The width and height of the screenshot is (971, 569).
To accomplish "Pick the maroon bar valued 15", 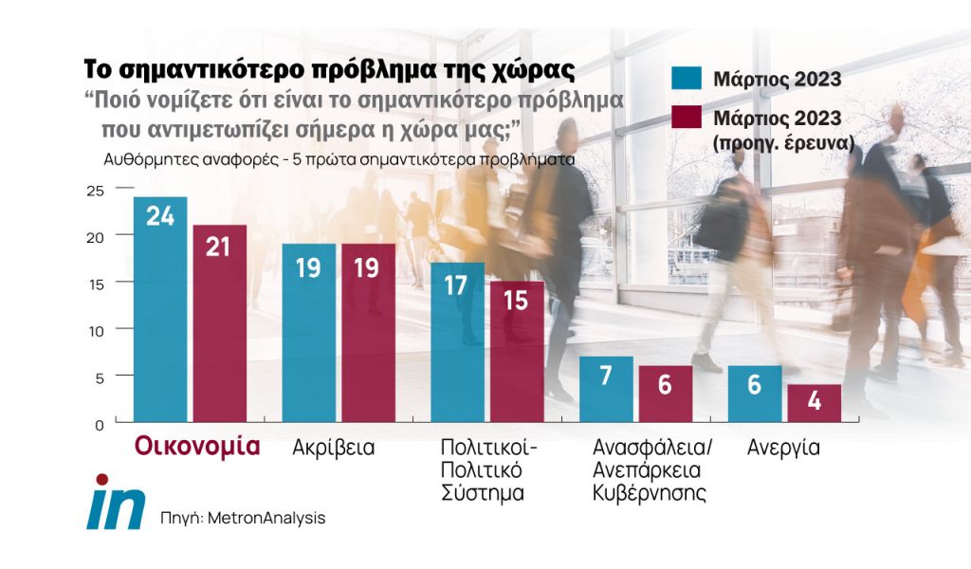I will click(x=517, y=353).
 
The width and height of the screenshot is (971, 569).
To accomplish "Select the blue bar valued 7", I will click(x=606, y=390).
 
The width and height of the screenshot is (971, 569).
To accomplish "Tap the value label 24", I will click(x=160, y=216).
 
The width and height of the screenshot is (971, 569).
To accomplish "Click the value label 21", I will click(x=220, y=246).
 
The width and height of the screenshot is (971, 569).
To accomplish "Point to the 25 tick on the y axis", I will click(x=94, y=190).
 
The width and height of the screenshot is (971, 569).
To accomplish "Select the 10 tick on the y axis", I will click(x=94, y=330).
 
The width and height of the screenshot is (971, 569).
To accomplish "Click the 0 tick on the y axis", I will click(x=98, y=424).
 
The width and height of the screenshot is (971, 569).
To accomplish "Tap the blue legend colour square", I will click(x=687, y=79).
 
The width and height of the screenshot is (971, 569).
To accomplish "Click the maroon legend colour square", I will click(x=687, y=119).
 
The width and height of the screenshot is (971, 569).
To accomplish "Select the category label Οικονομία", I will click(x=197, y=447).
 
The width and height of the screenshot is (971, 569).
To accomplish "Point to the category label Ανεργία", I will click(x=783, y=448).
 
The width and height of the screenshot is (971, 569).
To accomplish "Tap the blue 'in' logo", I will click(x=115, y=503).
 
